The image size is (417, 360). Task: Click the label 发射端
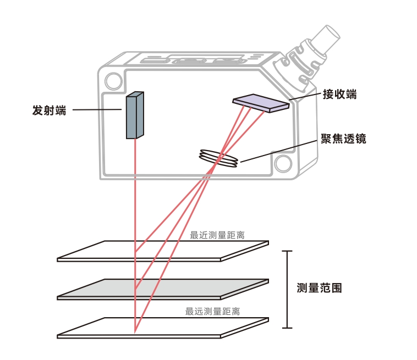tap(49, 110)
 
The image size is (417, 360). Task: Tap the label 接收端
tap(339, 95)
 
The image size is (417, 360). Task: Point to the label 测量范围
tap(319, 288)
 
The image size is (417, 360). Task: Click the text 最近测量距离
tap(217, 235)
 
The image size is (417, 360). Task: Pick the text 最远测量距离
tap(212, 312)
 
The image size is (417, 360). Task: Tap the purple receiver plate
tap(261, 102)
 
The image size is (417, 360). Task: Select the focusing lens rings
tap(219, 157)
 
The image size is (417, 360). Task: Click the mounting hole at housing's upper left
tap(113, 81)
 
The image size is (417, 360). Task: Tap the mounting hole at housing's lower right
tap(283, 164)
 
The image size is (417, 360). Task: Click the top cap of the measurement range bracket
tap(287, 251)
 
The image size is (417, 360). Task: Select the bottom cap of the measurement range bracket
tap(287, 328)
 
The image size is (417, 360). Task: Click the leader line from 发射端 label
tap(97, 110)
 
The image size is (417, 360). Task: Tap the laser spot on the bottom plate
tap(135, 331)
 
